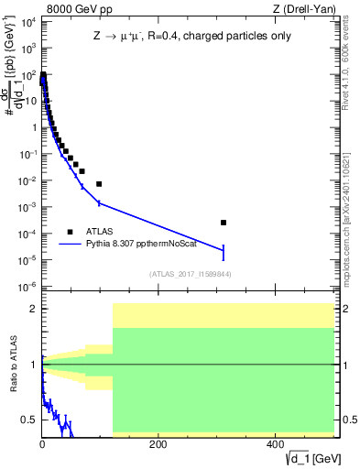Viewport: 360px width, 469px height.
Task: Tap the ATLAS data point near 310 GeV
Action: click(224, 223)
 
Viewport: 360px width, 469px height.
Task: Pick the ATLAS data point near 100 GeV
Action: click(99, 184)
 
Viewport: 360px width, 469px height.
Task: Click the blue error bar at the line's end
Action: click(224, 251)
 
